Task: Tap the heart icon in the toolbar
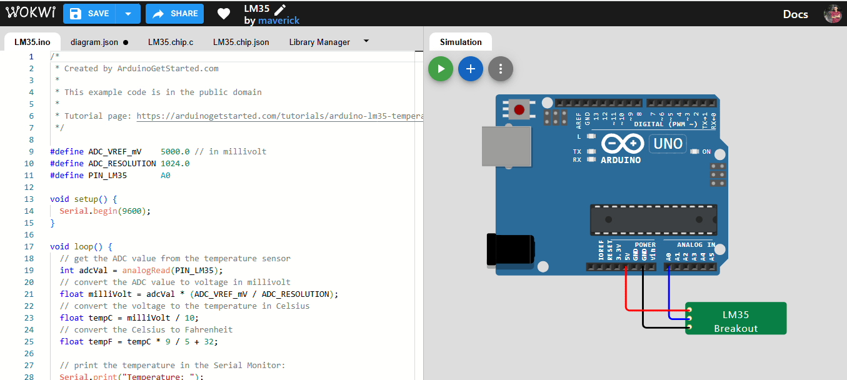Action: (224, 13)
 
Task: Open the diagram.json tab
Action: (94, 42)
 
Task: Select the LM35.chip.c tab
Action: (170, 42)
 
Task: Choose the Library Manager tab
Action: (319, 42)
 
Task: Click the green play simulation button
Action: (441, 69)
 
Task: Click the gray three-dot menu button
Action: (501, 69)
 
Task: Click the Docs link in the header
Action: (795, 14)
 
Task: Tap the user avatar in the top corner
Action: (833, 14)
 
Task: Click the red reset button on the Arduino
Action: (519, 111)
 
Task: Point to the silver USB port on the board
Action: (506, 147)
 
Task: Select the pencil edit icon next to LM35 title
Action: (279, 9)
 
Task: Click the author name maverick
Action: (279, 21)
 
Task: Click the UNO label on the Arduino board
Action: (668, 144)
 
